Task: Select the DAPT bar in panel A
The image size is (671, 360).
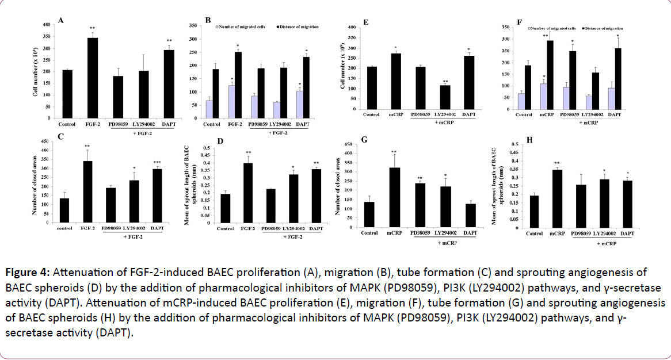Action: click(x=169, y=84)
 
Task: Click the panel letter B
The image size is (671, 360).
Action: click(x=208, y=20)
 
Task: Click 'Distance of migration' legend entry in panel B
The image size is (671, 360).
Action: click(x=298, y=26)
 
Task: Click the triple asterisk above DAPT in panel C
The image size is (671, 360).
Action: click(x=158, y=163)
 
